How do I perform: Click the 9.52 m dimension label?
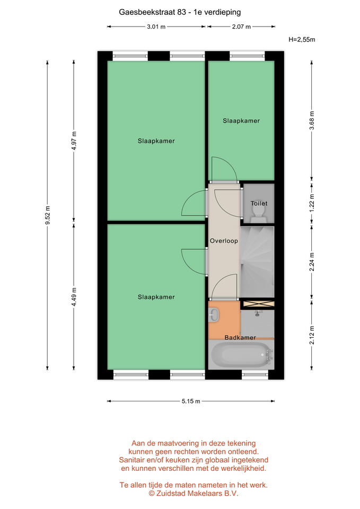point(47,215)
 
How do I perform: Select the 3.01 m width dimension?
point(156,27)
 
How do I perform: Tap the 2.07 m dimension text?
point(241,27)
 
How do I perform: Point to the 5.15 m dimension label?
point(191,401)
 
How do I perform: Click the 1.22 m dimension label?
point(312,203)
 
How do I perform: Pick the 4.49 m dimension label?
point(74,297)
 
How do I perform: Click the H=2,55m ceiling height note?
point(302,40)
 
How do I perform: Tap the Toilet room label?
point(259,204)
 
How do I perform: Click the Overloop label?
point(224,241)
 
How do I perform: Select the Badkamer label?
point(240,338)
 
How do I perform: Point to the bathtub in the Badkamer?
point(241,354)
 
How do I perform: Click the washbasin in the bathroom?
point(214,314)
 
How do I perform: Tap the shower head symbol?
point(258,313)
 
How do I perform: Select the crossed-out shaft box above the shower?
point(259,304)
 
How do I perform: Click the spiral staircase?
point(257,261)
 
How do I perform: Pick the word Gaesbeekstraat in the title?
point(147,12)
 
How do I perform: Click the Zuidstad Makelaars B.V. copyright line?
point(194,494)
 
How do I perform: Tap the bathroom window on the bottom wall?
point(255,375)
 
